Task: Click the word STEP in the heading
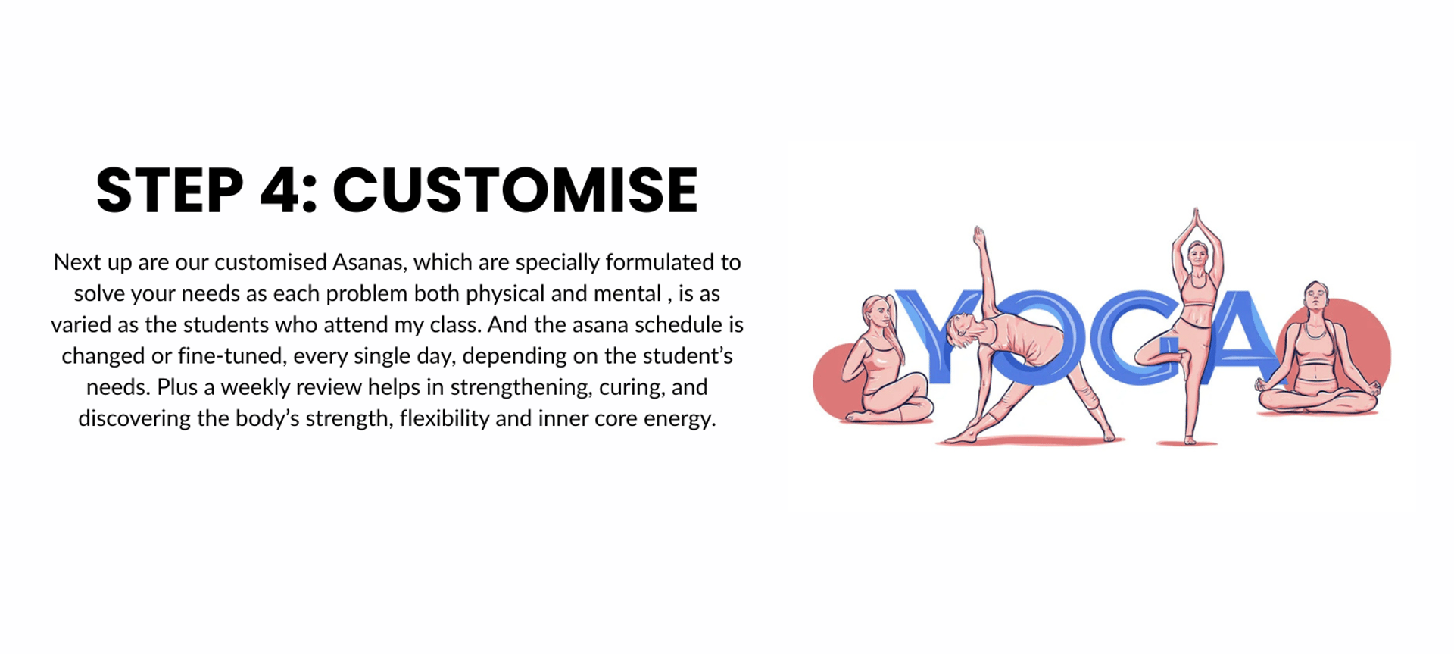pyautogui.click(x=170, y=190)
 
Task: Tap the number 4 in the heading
pyautogui.click(x=282, y=190)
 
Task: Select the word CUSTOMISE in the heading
pyautogui.click(x=515, y=190)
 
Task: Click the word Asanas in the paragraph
pyautogui.click(x=370, y=262)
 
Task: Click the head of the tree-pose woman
pyautogui.click(x=1197, y=252)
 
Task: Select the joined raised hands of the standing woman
pyautogui.click(x=1197, y=220)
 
